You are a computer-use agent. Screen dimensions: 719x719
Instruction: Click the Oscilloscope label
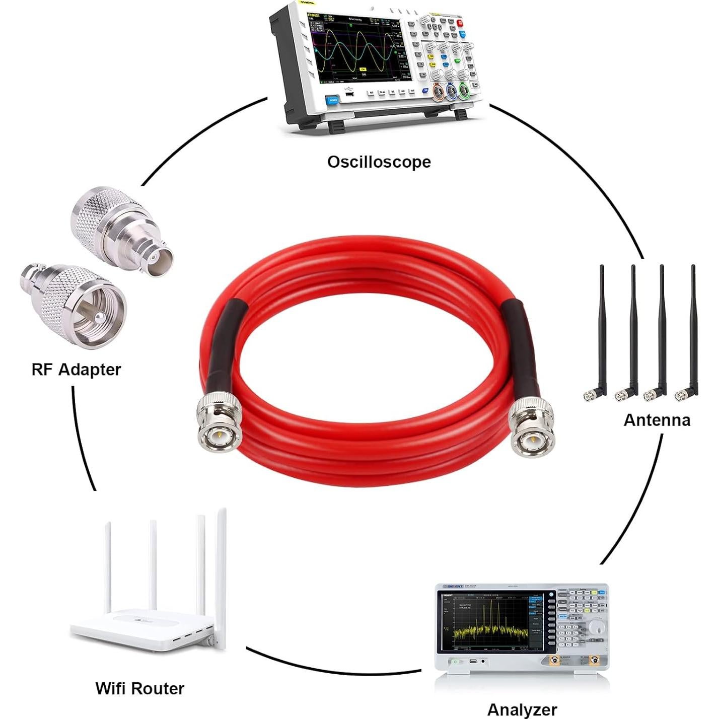[379, 162]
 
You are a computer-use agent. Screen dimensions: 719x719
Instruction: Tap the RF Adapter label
[76, 370]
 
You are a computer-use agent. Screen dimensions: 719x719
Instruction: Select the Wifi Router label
[139, 688]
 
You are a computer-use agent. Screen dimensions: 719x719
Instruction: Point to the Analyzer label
[522, 709]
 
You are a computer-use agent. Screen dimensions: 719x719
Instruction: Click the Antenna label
[657, 420]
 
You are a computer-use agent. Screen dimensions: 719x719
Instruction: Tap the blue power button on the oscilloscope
[333, 100]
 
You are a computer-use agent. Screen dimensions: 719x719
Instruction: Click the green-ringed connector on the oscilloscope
[464, 91]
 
